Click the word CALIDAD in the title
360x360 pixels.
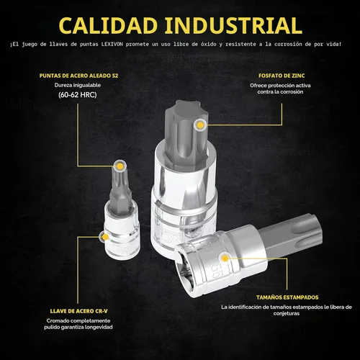pos(108,25)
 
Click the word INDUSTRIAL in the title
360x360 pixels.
pos(233,25)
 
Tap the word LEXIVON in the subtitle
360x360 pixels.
pos(112,44)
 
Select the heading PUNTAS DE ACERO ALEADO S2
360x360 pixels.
pos(78,76)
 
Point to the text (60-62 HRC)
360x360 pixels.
pos(78,95)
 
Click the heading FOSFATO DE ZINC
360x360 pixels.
pos(282,76)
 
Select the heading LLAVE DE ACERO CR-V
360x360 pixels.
pos(78,311)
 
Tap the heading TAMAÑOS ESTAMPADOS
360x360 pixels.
pos(287,297)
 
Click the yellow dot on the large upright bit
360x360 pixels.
pos(200,125)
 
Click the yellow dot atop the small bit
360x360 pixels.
pos(120,166)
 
